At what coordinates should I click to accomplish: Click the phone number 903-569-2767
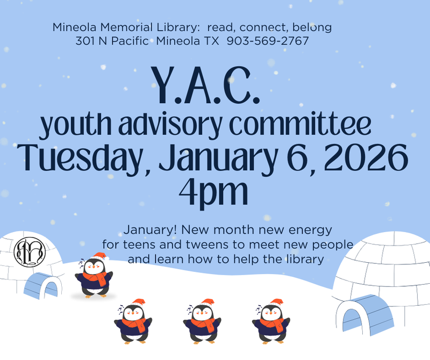click(x=268, y=41)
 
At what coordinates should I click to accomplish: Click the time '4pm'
click(x=215, y=191)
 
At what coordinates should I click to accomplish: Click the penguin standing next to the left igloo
click(x=94, y=275)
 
